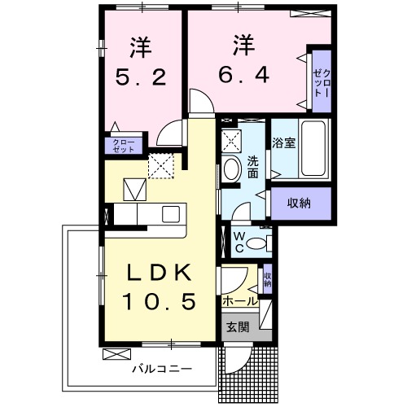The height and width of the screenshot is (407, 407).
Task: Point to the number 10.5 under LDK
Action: click(160, 303)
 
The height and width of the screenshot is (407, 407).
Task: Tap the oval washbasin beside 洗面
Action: click(231, 169)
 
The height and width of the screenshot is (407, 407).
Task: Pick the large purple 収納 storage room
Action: click(301, 203)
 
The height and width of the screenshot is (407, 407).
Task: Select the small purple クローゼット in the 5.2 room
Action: click(123, 146)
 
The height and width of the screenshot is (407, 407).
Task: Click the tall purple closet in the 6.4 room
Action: click(319, 82)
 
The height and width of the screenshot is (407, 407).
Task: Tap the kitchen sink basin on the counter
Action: click(170, 214)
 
